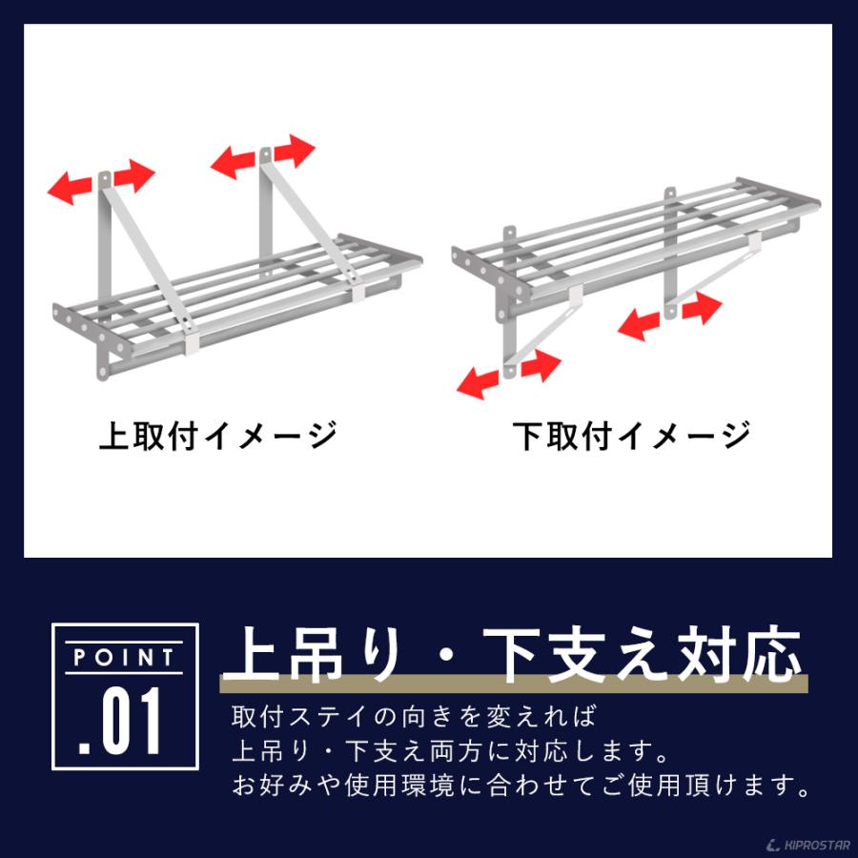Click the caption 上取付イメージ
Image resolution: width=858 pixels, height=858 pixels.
click(x=218, y=436)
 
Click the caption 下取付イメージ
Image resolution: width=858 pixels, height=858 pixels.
click(x=632, y=436)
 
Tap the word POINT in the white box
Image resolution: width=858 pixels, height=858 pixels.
click(x=125, y=657)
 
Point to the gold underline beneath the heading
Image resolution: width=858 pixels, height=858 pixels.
click(x=514, y=684)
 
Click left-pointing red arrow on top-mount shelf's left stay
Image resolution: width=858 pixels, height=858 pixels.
click(x=71, y=187)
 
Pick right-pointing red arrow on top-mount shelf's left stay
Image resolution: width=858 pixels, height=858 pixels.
click(x=134, y=176)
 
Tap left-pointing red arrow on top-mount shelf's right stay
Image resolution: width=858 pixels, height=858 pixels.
click(x=234, y=162)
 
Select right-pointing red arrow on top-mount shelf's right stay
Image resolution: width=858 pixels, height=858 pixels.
click(x=295, y=150)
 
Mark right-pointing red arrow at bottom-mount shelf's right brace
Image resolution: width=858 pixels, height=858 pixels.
click(x=701, y=308)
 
